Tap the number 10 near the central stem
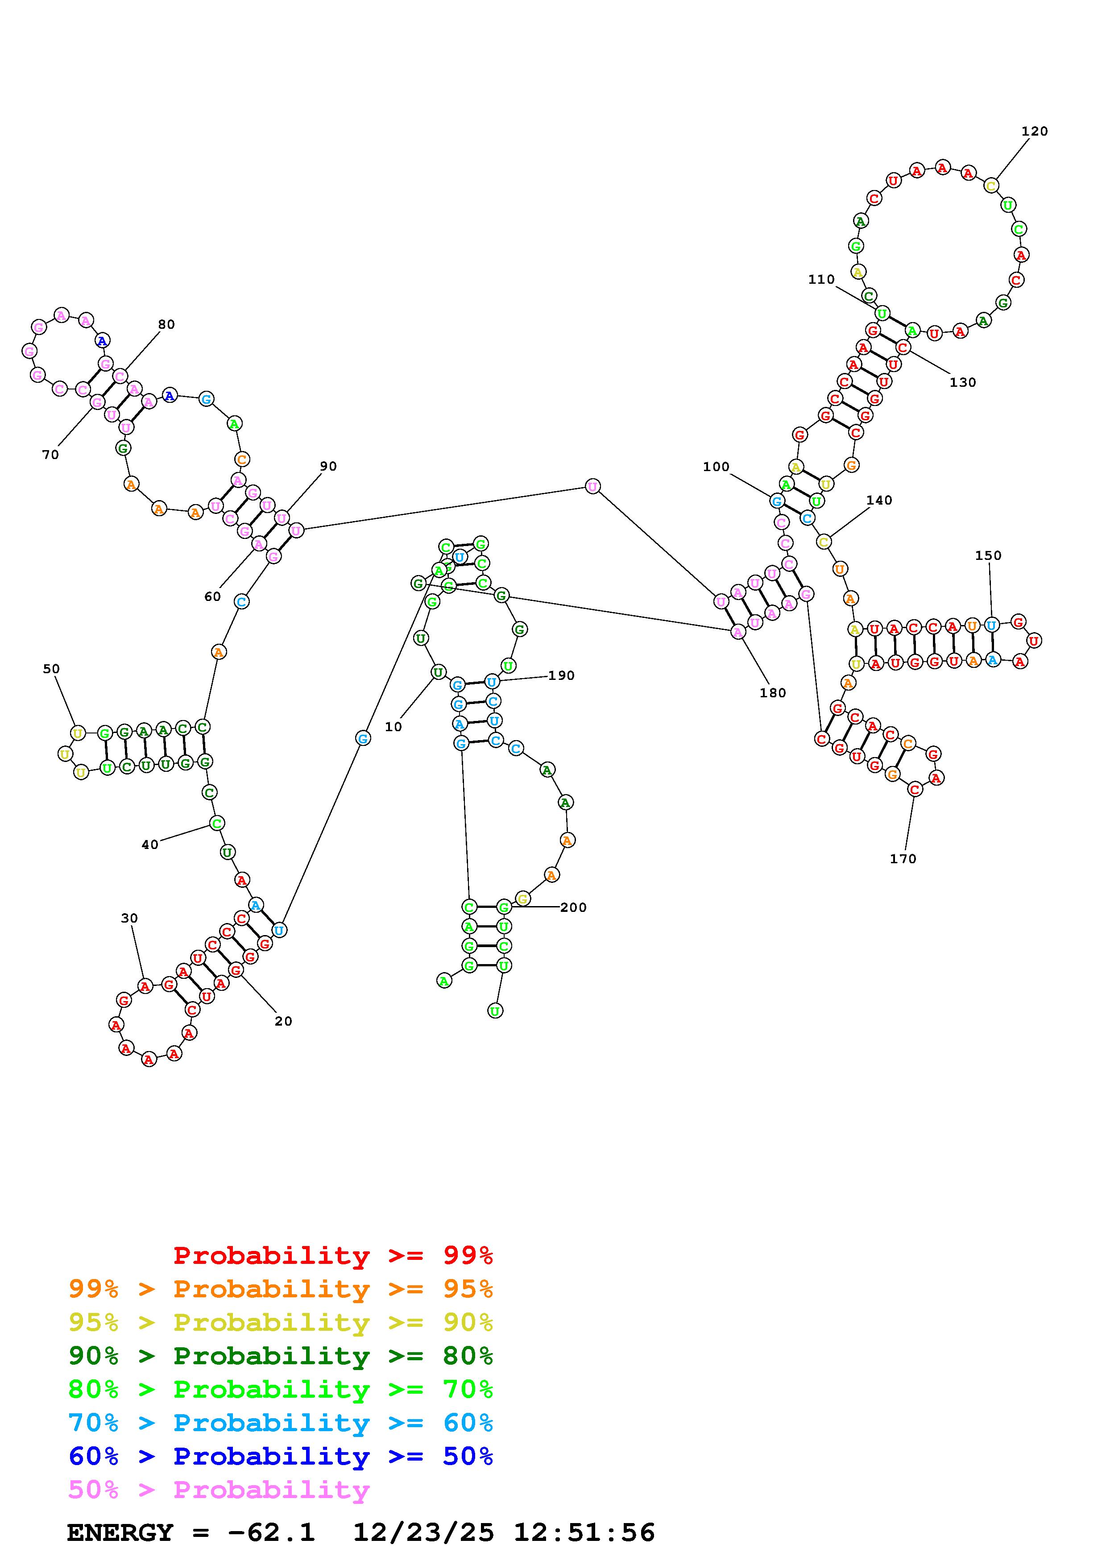click(x=393, y=727)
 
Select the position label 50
click(x=51, y=669)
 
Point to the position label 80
click(x=166, y=324)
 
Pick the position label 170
click(x=903, y=859)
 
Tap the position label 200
click(x=573, y=907)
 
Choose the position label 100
click(x=716, y=467)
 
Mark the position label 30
click(x=129, y=918)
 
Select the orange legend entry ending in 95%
click(x=280, y=1289)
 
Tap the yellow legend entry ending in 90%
click(x=280, y=1322)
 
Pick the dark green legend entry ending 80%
click(x=280, y=1356)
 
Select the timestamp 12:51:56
click(x=584, y=1532)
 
